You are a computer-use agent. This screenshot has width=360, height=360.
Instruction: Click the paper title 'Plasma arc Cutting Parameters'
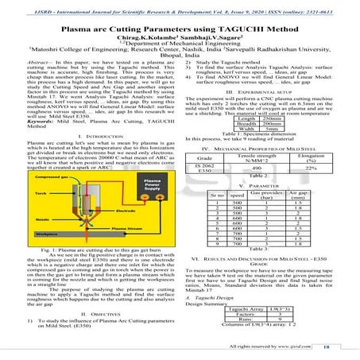point(180,25)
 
